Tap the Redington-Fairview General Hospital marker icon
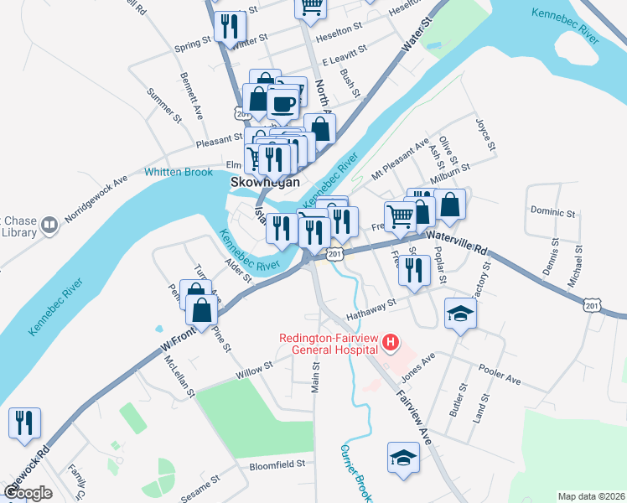pyautogui.click(x=390, y=342)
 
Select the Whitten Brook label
pyautogui.click(x=179, y=172)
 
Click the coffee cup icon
pyautogui.click(x=284, y=105)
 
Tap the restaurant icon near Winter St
pyautogui.click(x=226, y=25)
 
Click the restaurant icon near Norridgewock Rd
pyautogui.click(x=23, y=423)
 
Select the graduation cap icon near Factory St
pyautogui.click(x=459, y=314)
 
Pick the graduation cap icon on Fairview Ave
pyautogui.click(x=403, y=458)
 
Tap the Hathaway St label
pyautogui.click(x=370, y=309)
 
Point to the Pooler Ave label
pyautogui.click(x=500, y=375)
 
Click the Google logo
pyautogui.click(x=28, y=492)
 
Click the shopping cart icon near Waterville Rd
pyautogui.click(x=400, y=216)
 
